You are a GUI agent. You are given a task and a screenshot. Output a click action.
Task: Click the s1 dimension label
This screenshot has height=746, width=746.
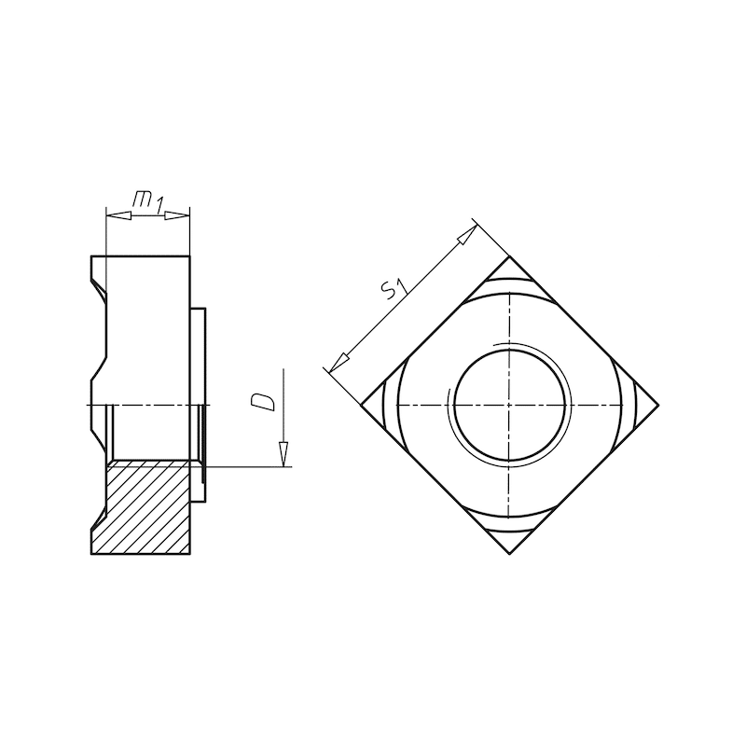tap(394, 289)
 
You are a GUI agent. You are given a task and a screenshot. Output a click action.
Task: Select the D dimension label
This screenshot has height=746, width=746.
tap(263, 402)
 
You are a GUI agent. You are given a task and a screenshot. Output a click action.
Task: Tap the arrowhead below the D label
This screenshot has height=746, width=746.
tap(283, 454)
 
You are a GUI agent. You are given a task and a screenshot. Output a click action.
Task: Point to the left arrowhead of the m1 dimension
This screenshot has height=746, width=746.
tap(118, 215)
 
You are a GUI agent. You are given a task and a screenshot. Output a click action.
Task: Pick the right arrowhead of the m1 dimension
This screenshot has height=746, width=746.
tap(177, 215)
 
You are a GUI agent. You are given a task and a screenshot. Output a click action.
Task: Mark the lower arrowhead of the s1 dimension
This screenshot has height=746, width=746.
tap(338, 362)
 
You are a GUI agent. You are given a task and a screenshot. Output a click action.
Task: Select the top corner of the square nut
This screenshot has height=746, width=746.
tap(509, 257)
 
